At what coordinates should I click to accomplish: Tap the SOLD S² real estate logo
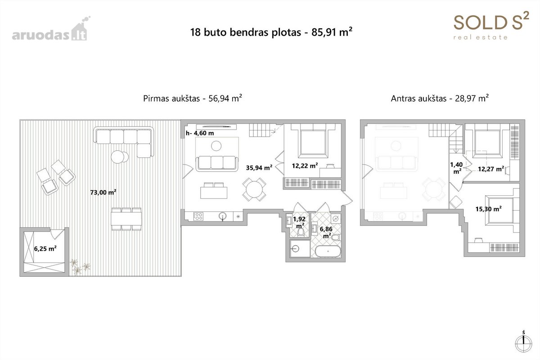pos(491,26)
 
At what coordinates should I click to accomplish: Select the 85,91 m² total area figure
pos(332,32)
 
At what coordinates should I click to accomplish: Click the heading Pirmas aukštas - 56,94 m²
pos(193,99)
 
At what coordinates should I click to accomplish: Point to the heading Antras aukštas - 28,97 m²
pos(440,99)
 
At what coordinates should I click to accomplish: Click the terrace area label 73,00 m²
pos(103,193)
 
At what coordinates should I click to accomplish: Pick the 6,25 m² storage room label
pos(45,248)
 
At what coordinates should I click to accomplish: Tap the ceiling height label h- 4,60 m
pos(200,133)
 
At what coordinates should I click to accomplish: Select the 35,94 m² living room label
pos(259,167)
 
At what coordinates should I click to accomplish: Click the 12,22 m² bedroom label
pos(305,166)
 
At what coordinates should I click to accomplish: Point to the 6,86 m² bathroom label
pos(326,232)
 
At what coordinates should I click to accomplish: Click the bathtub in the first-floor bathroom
pos(328,252)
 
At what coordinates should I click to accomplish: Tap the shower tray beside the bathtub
pos(300,248)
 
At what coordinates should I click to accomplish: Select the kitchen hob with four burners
pos(198,216)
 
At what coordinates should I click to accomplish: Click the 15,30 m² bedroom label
pos(488,209)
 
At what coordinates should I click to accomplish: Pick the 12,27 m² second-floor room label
pos(491,169)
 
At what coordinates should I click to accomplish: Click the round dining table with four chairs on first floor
pos(254,189)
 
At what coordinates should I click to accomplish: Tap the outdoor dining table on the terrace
pos(126,219)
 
